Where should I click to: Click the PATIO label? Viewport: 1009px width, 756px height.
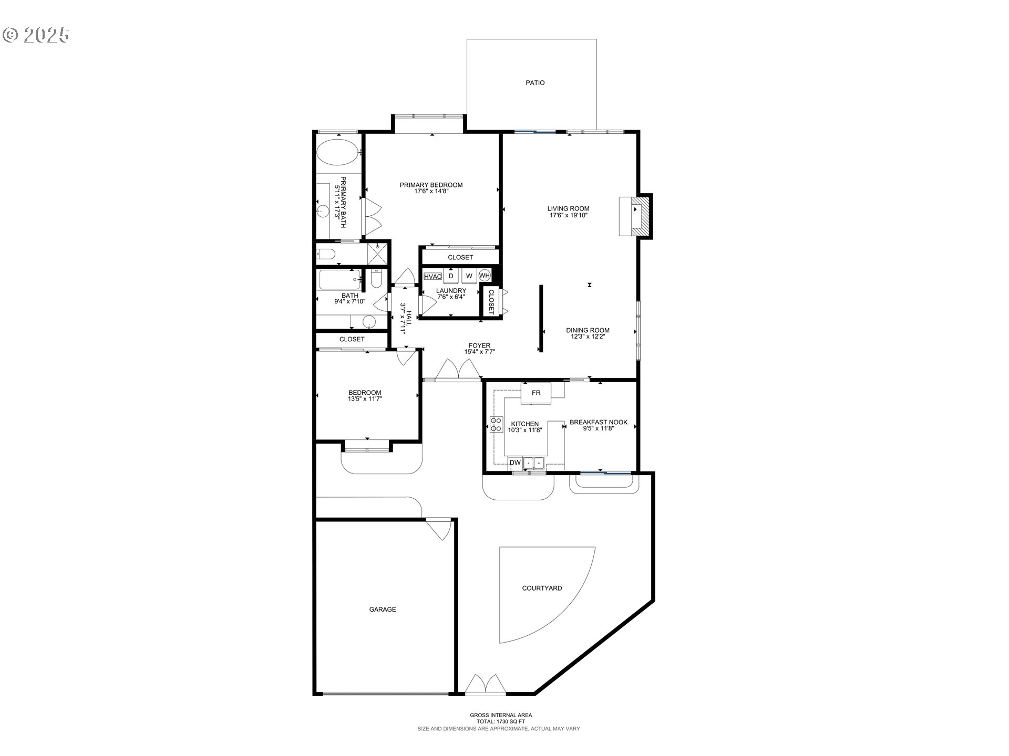coord(535,82)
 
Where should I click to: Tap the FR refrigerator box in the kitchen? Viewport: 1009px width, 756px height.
coord(536,393)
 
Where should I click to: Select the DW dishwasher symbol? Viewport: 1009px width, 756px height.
coord(516,463)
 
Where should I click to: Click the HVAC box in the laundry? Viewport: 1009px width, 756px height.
coord(433,276)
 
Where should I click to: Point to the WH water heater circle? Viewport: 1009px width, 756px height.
coord(484,275)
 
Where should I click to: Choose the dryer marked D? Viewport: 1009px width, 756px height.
coord(451,276)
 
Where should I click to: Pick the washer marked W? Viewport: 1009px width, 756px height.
coord(469,276)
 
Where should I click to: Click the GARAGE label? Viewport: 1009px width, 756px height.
coord(382,610)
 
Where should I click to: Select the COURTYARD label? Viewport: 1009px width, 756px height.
coord(542,588)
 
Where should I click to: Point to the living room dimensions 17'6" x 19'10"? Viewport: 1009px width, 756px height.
coord(568,215)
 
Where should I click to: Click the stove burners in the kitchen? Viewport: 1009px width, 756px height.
coord(496,424)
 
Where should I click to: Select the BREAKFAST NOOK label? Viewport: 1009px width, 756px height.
coord(598,422)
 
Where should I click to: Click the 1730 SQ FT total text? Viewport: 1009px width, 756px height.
coord(500,721)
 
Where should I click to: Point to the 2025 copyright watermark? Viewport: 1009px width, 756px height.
coord(37,35)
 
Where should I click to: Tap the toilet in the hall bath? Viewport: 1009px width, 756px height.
coord(376,279)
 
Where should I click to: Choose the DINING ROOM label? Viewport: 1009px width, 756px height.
coord(588,330)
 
